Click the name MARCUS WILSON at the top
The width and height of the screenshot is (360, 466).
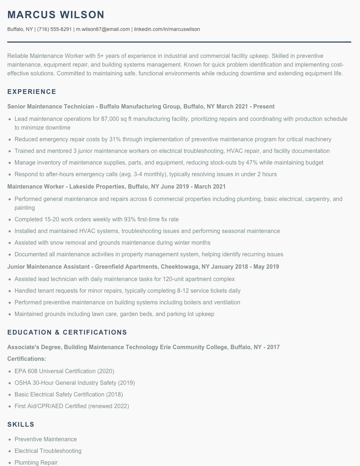[x=56, y=15]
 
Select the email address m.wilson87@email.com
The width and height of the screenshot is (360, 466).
[x=103, y=29]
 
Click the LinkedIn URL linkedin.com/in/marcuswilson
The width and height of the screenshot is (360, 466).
[x=167, y=29]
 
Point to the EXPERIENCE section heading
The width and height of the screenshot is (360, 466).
[x=32, y=92]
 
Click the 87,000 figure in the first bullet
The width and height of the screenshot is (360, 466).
[x=111, y=119]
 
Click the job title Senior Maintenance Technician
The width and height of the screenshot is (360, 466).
[x=51, y=107]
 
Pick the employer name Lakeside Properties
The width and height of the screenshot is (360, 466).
[x=97, y=187]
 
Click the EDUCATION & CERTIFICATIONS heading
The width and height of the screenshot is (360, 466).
[x=67, y=332]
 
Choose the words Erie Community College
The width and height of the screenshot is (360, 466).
[x=193, y=347]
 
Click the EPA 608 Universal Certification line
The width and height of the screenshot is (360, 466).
[x=64, y=371]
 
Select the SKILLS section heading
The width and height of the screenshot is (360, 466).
[x=21, y=424]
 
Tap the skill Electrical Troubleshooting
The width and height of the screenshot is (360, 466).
[x=48, y=451]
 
